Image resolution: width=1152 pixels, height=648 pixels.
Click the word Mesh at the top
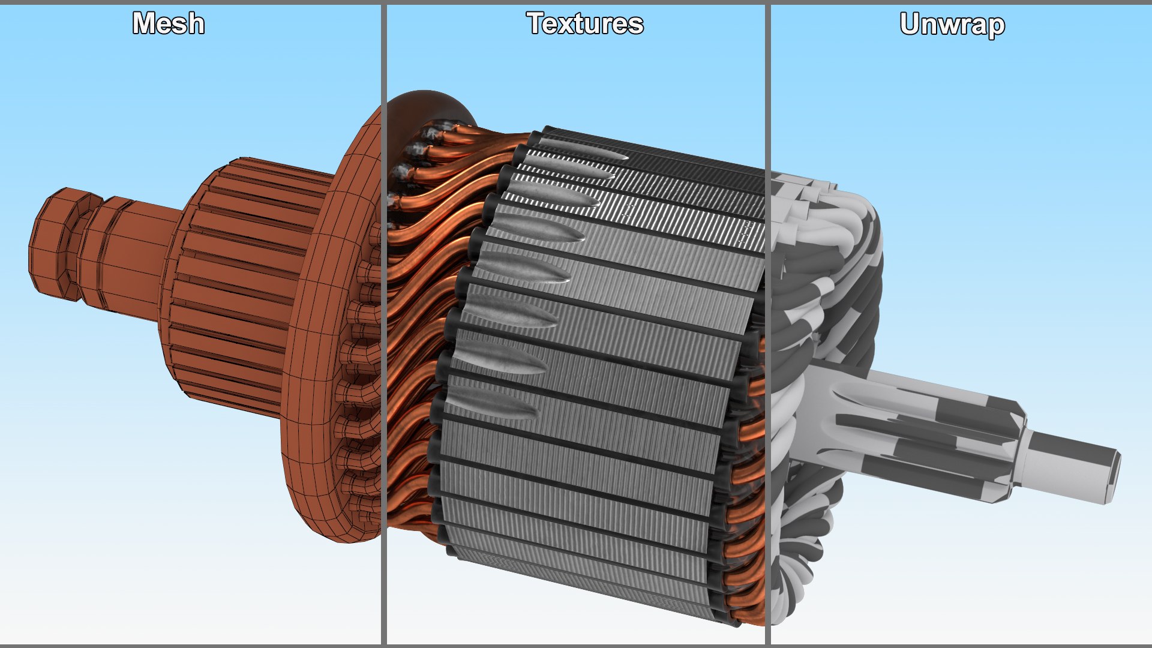[x=169, y=24]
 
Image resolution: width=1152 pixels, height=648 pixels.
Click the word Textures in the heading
[x=585, y=24]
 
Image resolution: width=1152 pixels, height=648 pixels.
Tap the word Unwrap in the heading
[x=952, y=25]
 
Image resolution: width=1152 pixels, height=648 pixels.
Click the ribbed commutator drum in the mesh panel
[x=240, y=282]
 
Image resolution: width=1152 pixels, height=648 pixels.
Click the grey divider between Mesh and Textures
[x=383, y=324]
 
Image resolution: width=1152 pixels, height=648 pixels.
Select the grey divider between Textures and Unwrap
[x=767, y=324]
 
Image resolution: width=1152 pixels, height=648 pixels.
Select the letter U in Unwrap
[x=911, y=24]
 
